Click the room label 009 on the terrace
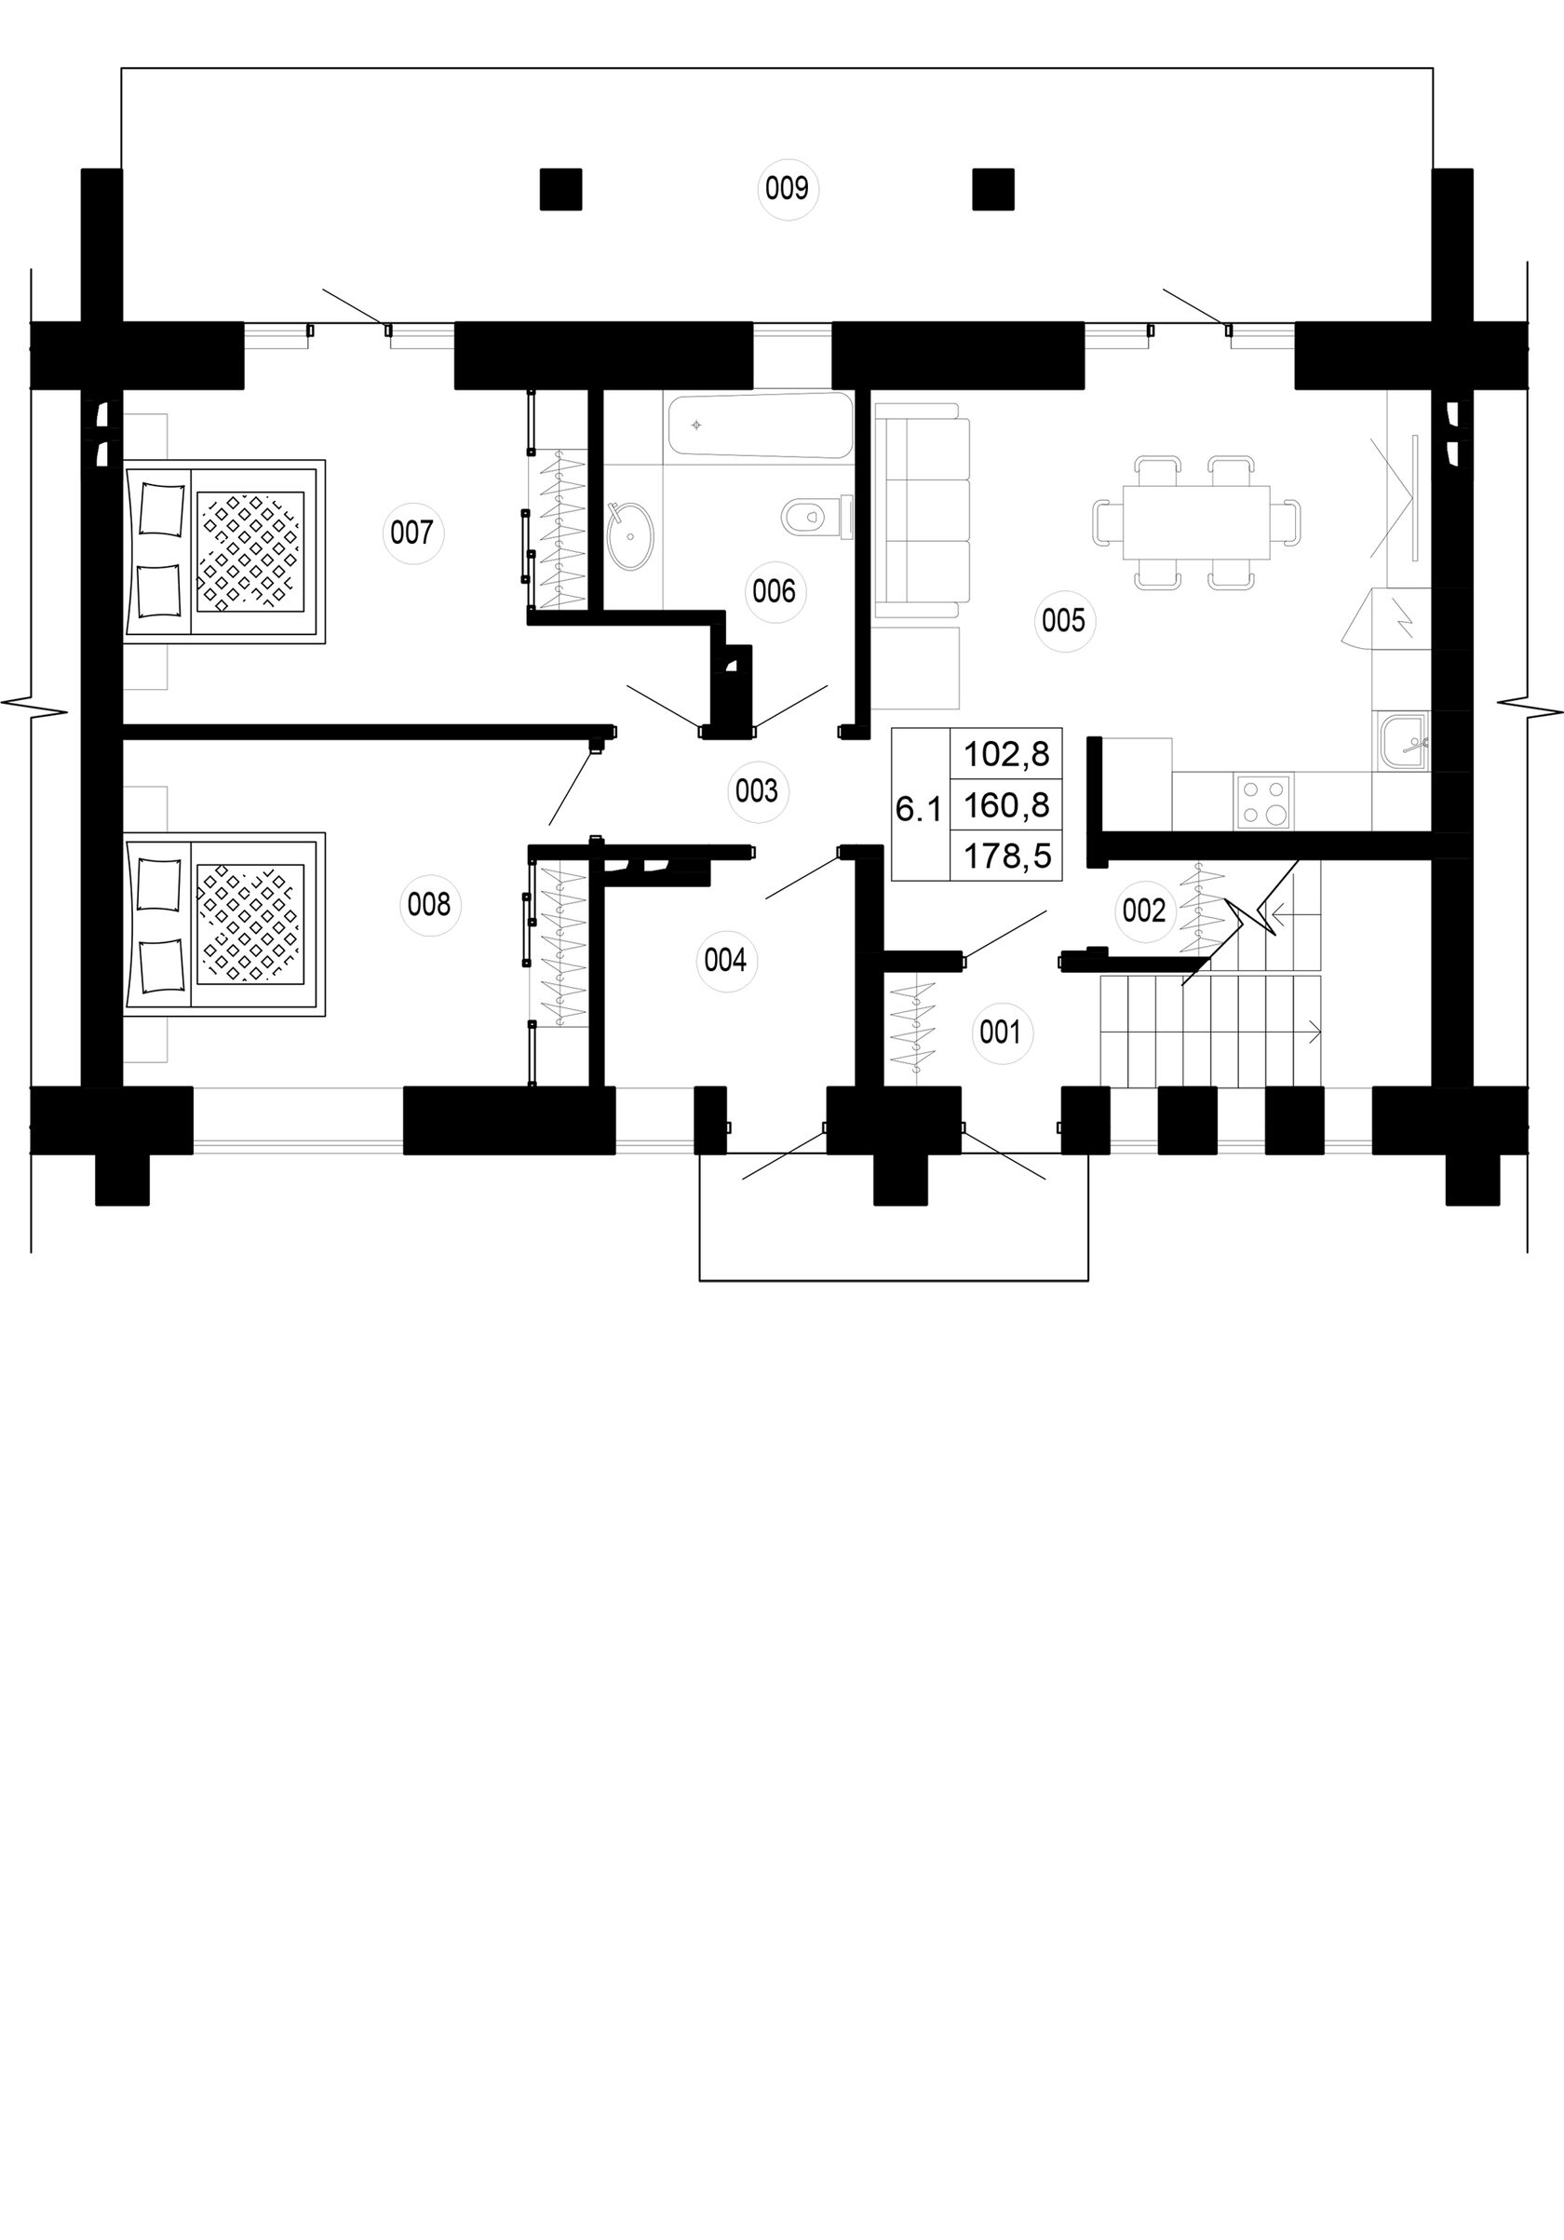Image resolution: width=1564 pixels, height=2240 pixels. coord(787,187)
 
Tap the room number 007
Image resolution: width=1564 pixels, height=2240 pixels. coord(411,533)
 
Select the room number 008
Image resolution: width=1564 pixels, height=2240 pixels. coord(428,904)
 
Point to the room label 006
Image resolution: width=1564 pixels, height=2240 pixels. coord(774,591)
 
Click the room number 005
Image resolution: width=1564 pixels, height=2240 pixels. coord(1062,620)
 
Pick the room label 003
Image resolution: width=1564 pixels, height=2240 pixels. coord(756,790)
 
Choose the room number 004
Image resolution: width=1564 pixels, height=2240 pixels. coord(725,961)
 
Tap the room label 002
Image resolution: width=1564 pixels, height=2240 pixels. coord(1143,911)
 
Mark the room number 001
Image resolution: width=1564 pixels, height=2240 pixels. coord(999,1032)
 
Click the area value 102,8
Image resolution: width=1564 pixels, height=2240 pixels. coord(1006,754)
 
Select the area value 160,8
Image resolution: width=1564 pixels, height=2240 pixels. coord(1006,805)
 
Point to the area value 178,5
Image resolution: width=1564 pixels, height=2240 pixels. coord(1006,857)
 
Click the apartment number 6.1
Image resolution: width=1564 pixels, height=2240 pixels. coord(918,809)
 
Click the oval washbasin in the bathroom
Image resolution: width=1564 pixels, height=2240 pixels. coord(631,535)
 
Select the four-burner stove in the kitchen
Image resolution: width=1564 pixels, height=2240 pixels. coord(1263,801)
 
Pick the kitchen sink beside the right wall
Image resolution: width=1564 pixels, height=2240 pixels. coord(1402,741)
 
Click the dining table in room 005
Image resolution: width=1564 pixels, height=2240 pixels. coord(1196,522)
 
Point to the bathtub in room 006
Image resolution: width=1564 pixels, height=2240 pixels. coord(761,425)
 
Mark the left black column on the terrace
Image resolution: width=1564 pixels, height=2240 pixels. coord(561,189)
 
